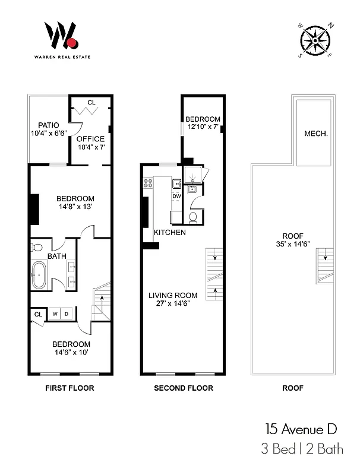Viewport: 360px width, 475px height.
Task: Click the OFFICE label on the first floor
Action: [90, 139]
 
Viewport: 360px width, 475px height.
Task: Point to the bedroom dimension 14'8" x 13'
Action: [75, 207]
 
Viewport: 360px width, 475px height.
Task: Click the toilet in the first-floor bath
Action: [37, 248]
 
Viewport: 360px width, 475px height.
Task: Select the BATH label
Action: [56, 256]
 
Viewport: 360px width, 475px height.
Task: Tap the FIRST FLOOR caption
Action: [70, 388]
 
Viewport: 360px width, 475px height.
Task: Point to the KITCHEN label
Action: [170, 232]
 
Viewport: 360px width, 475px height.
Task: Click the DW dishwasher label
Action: [176, 196]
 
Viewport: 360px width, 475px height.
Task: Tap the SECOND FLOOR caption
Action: [184, 388]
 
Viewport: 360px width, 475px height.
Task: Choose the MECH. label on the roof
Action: [316, 134]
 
